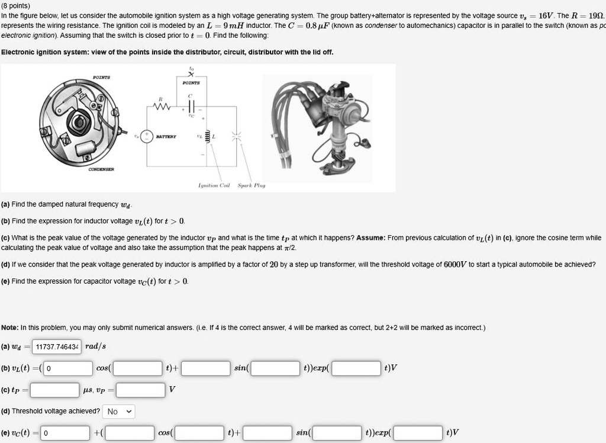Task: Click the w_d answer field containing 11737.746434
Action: click(57, 346)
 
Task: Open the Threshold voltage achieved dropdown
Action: click(119, 411)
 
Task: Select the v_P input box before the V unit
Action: click(140, 390)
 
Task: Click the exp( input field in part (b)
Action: click(356, 368)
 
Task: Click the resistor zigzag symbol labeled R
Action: click(162, 108)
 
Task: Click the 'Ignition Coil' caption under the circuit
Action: click(216, 185)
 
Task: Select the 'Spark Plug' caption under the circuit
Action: click(252, 185)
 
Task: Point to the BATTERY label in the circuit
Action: click(165, 136)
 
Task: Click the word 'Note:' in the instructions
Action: click(9, 328)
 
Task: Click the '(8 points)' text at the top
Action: click(15, 5)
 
